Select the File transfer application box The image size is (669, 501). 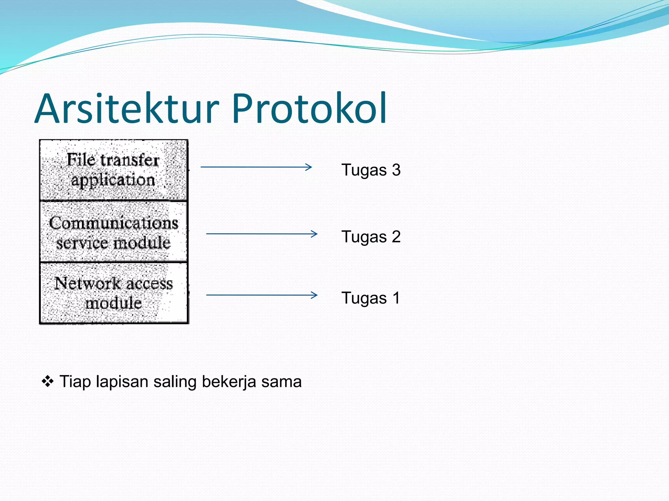(x=113, y=170)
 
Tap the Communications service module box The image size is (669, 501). (x=113, y=232)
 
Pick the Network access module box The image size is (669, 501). (x=113, y=293)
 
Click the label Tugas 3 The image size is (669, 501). (x=371, y=170)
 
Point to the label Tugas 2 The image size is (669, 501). (x=371, y=236)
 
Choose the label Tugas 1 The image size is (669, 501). (x=371, y=298)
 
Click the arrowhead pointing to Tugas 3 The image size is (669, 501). (x=309, y=167)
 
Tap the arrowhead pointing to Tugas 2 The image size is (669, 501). (x=315, y=234)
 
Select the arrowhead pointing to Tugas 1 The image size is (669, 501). (x=315, y=295)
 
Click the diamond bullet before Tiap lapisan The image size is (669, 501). (x=48, y=381)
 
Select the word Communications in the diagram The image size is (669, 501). (x=113, y=223)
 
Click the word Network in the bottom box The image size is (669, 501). (x=88, y=283)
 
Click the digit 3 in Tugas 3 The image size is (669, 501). (x=396, y=170)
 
